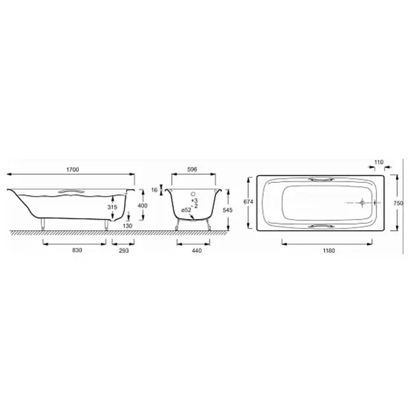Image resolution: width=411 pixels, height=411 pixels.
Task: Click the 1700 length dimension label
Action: (x=73, y=170)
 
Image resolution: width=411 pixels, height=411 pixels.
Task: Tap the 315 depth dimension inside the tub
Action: (x=112, y=207)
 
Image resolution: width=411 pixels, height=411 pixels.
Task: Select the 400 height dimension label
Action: (x=142, y=206)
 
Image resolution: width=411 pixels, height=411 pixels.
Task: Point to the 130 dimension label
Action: (x=127, y=225)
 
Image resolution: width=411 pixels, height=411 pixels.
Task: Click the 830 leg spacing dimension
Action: (x=77, y=250)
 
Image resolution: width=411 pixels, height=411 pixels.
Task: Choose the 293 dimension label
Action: (x=124, y=251)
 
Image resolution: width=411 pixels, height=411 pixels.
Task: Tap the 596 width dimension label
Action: (x=192, y=170)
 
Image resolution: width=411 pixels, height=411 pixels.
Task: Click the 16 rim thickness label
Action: (x=154, y=190)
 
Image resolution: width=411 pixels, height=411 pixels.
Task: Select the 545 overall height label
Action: (x=227, y=210)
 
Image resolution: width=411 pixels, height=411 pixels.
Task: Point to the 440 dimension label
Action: (x=197, y=251)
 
